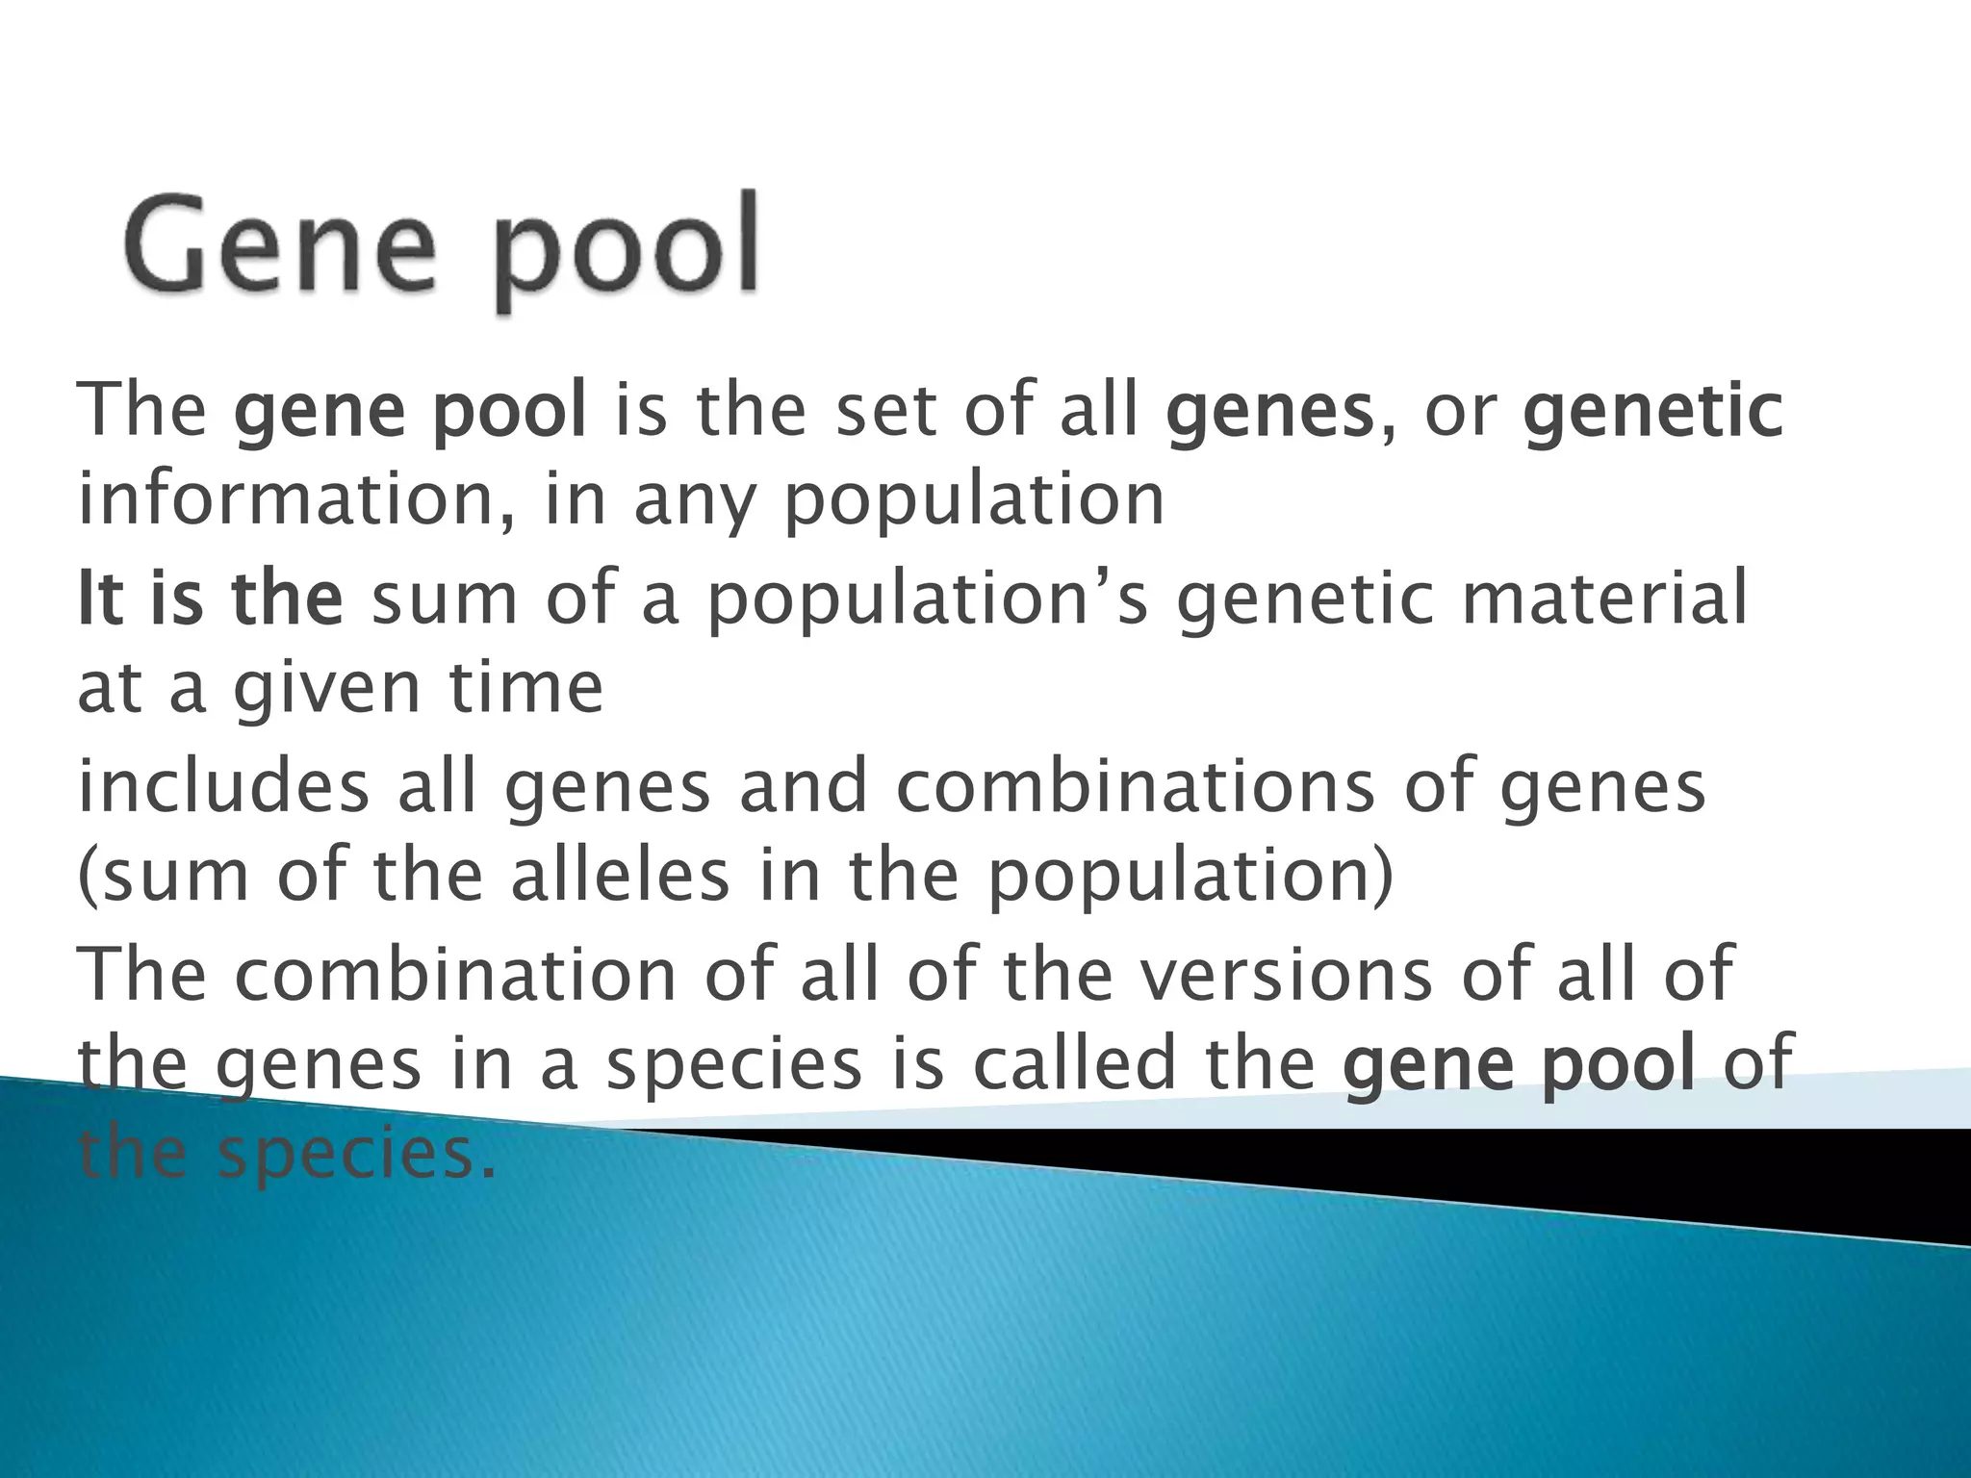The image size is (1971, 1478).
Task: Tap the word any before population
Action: [689, 502]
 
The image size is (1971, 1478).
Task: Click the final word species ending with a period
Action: [357, 1155]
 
